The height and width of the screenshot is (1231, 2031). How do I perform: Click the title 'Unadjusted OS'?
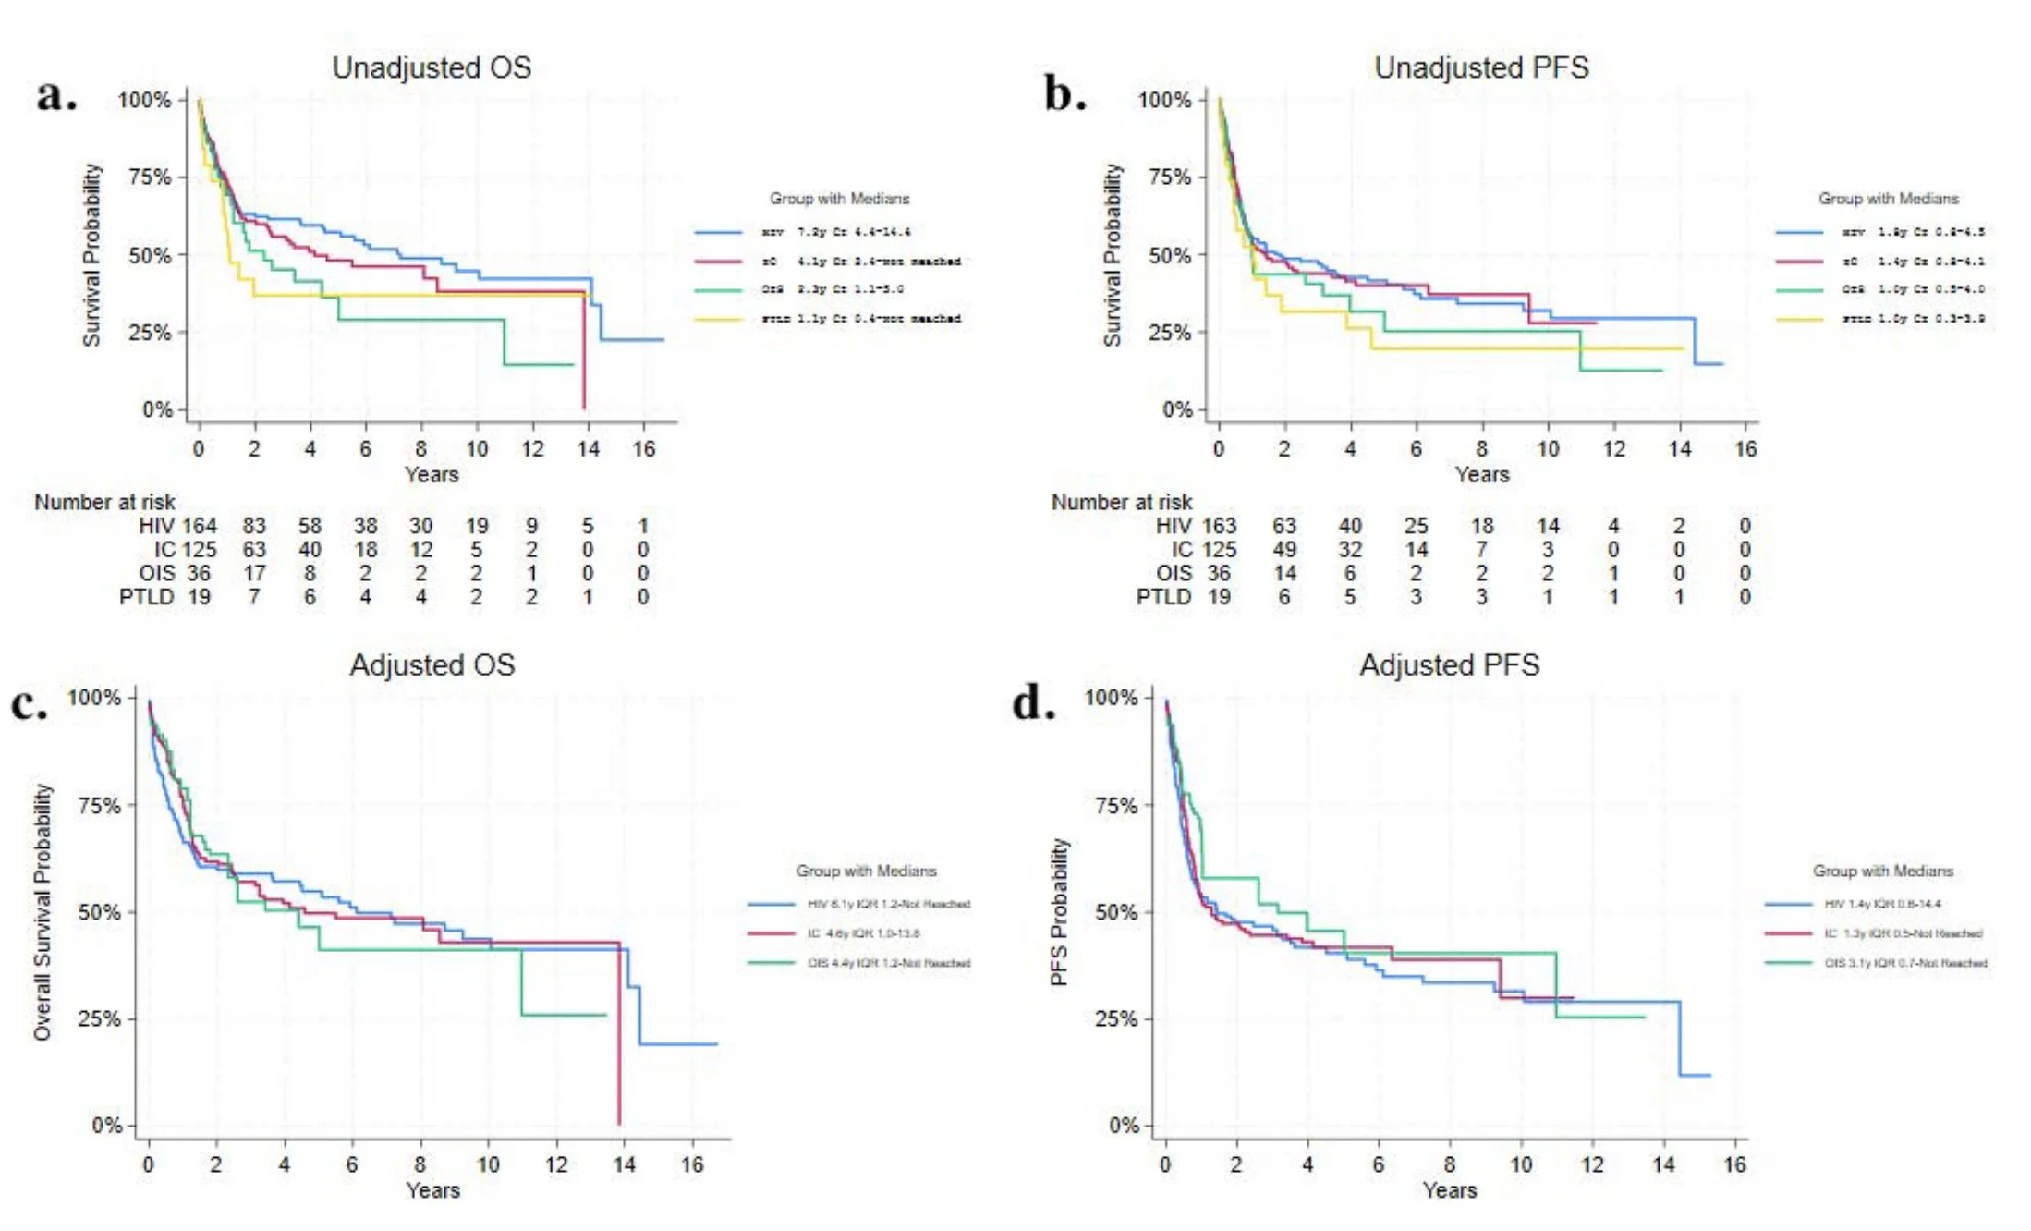coord(432,67)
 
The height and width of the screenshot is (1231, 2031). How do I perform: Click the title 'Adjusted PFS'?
coord(1449,664)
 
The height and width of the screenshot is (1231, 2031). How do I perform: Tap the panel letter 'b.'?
coord(1064,94)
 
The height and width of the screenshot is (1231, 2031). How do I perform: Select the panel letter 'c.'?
coord(29,704)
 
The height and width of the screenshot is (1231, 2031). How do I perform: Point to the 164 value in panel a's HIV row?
coord(199,526)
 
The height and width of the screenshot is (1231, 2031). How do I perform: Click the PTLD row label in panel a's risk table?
coord(146,597)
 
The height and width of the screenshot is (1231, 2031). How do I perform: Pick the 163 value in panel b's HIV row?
coord(1219,526)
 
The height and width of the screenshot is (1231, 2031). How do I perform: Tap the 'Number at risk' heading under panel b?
coord(1121,502)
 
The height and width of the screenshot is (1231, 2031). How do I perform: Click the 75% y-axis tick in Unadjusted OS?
coord(150,177)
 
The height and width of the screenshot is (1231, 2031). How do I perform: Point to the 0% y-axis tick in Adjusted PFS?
coord(1124,1126)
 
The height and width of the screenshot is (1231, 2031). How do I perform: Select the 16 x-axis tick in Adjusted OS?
coord(692,1164)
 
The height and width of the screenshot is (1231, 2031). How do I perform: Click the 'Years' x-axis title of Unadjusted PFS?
coord(1481,474)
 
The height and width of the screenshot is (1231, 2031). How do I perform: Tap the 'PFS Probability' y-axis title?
coord(1059,911)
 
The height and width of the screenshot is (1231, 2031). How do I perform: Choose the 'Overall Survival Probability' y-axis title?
coord(43,911)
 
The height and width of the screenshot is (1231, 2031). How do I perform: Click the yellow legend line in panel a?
coord(718,319)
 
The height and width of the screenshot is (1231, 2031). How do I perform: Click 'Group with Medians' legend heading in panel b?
coord(1888,199)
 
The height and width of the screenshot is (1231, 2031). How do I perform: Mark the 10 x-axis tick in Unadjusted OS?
coord(477,449)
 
